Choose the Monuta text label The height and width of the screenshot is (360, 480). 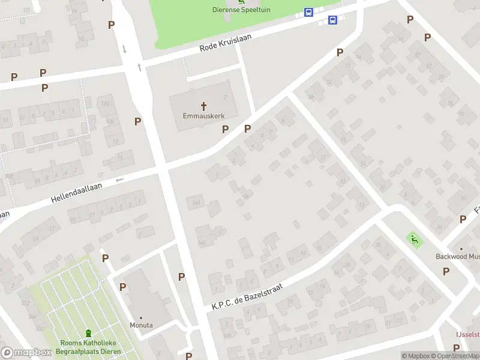[142, 325]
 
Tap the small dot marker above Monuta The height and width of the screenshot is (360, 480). [142, 317]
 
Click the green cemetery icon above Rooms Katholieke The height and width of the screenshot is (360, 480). [89, 333]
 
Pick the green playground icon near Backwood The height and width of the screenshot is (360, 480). [413, 239]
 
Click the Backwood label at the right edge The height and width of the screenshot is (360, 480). [457, 256]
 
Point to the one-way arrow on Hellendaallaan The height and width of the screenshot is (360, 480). [119, 179]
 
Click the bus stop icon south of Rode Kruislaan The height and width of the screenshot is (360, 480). [332, 20]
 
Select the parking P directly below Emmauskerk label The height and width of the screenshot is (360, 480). [226, 129]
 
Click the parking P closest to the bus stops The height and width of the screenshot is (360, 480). [340, 53]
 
